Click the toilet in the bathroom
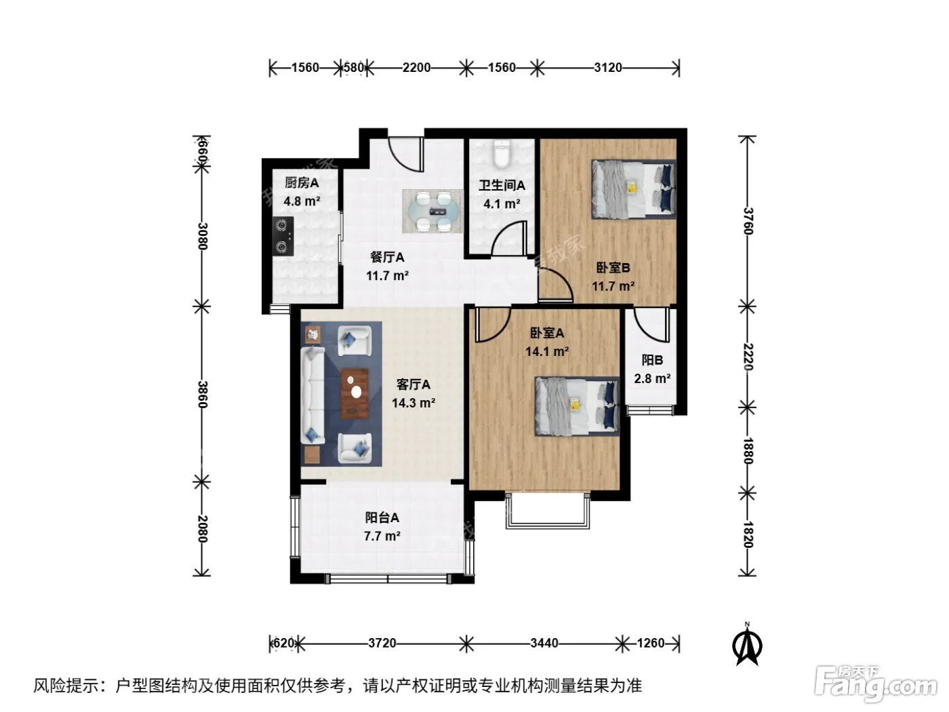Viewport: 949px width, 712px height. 501,154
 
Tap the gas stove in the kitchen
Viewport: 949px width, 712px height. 284,236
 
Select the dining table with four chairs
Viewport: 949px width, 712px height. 432,211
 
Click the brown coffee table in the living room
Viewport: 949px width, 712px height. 355,393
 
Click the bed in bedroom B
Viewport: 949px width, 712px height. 633,189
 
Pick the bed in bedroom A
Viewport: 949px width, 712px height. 577,406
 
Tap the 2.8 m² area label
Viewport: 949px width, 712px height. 652,378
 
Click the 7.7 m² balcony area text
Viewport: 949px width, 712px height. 382,536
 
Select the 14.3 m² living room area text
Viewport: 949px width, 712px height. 413,403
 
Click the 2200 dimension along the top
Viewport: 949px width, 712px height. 416,68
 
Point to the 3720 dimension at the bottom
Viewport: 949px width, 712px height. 382,644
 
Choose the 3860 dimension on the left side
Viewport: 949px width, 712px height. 203,394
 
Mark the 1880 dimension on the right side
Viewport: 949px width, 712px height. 748,450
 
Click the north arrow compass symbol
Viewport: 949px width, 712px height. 747,644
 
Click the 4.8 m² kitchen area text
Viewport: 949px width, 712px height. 302,201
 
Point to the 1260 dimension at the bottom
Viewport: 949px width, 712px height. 651,644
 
